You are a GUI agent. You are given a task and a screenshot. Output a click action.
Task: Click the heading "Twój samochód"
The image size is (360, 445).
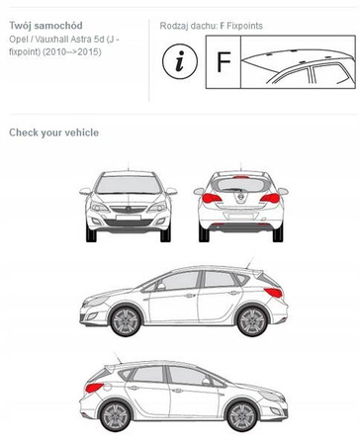tap(45, 26)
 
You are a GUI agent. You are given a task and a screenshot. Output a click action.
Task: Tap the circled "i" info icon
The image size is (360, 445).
tap(180, 61)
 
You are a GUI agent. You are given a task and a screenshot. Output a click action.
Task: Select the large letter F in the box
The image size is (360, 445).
tap(224, 61)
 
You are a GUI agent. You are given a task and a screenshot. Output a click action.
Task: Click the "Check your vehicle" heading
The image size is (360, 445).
tap(53, 133)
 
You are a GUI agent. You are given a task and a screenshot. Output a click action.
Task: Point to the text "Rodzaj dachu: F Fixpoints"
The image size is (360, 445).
tap(212, 26)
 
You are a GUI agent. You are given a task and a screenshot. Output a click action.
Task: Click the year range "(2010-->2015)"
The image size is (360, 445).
tap(71, 52)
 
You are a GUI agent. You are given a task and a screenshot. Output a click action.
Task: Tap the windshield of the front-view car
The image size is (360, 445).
tap(129, 185)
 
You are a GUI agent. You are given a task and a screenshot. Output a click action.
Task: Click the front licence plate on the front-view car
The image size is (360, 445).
tap(129, 218)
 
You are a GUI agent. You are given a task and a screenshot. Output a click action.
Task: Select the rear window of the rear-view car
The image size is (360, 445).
tap(241, 184)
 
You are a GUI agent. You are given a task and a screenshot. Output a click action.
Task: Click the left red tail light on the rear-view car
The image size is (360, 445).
tap(212, 198)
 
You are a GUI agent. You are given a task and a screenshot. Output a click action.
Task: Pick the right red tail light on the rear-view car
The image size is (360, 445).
tap(270, 198)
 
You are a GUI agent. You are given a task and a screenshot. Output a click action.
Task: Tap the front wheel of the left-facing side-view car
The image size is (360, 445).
tap(126, 320)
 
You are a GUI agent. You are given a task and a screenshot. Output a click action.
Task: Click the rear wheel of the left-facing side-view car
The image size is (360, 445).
tap(252, 320)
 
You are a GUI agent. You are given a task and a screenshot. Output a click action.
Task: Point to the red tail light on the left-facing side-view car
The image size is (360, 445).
tap(274, 292)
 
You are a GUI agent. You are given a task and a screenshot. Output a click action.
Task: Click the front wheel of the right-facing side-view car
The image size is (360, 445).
tap(242, 416)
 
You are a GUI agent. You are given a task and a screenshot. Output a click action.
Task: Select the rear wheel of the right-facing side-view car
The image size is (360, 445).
tap(116, 416)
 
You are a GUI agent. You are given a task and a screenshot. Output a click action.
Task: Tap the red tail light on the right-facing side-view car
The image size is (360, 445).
tap(94, 388)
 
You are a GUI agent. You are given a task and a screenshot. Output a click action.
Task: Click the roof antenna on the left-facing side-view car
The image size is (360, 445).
tap(250, 263)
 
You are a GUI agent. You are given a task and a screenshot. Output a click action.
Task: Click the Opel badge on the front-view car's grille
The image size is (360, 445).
tap(129, 209)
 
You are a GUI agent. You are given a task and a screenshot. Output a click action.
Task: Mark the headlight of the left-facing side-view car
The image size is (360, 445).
tap(97, 301)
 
